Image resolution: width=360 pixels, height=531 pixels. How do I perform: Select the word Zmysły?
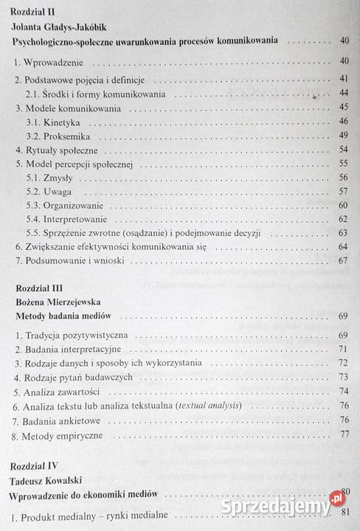[x=60, y=177]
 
